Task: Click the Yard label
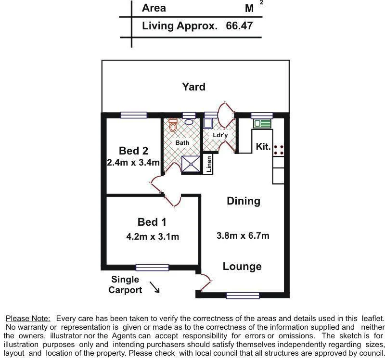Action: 193,87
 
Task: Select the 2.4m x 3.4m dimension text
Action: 133,163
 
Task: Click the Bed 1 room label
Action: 152,222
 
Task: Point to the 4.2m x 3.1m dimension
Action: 152,236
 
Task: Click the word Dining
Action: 243,201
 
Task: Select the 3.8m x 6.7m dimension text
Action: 243,235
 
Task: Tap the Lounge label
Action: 242,266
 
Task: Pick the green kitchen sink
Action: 263,124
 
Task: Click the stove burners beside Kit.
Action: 278,149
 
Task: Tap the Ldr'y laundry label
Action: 219,136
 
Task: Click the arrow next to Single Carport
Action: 154,287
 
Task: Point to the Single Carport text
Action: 125,284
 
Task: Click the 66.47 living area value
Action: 239,26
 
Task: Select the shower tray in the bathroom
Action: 191,165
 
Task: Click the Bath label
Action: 182,143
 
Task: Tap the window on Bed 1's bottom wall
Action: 152,268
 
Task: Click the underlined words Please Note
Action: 27,318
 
